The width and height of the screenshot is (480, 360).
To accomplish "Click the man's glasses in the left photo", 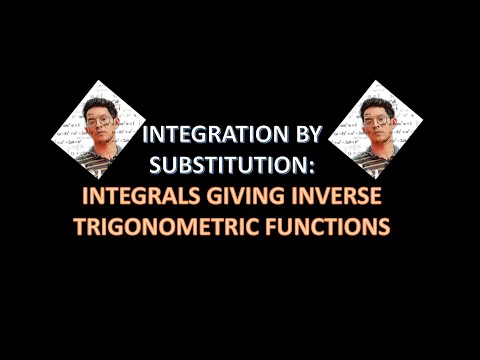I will pos(100,120).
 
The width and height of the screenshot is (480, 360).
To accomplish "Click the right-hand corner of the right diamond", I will pos(423,128).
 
